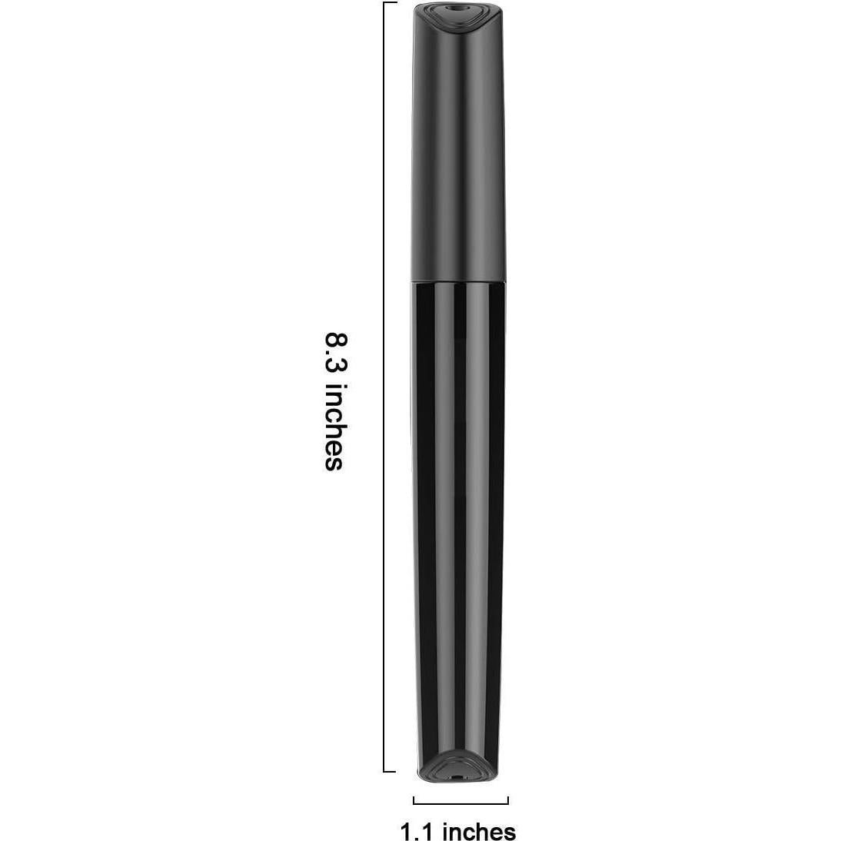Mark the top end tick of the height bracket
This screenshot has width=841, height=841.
[x=391, y=3]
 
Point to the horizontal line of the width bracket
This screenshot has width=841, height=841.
[x=461, y=804]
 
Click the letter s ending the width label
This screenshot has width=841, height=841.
[x=510, y=832]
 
